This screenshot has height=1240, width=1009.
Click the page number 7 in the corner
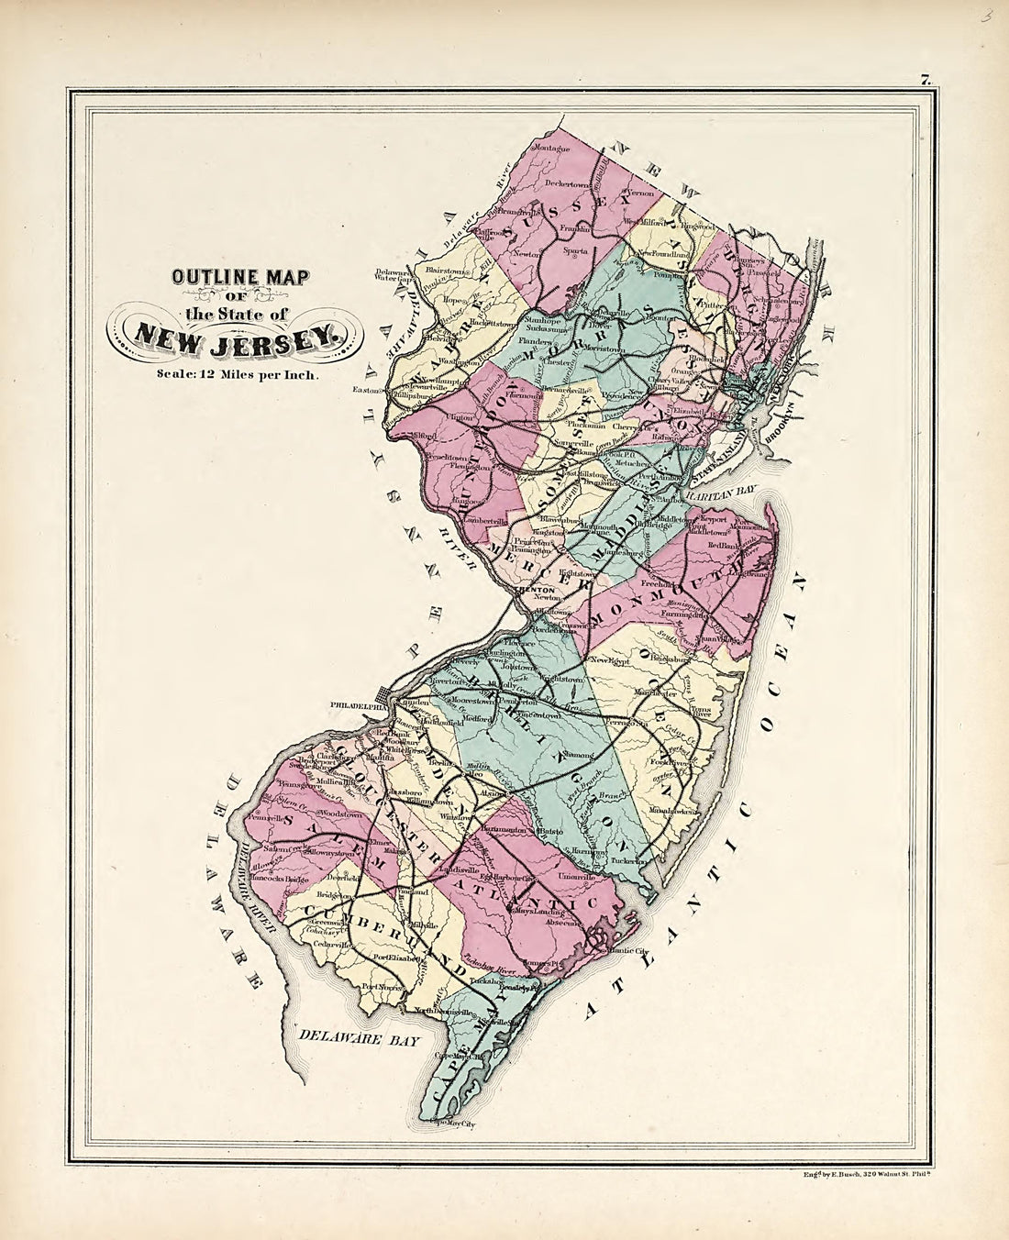[926, 81]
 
